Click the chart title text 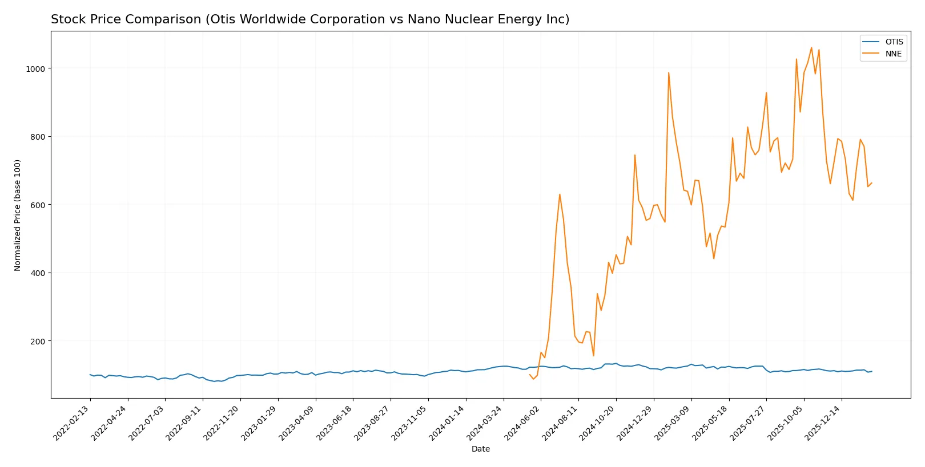pos(310,19)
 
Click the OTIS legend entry pos(894,42)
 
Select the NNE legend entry pos(893,54)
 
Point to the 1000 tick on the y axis pos(35,68)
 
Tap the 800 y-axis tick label pos(37,137)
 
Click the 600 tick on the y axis pos(37,205)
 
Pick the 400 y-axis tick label pos(37,273)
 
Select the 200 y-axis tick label pos(37,341)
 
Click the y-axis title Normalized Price pos(18,215)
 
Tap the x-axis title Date pos(480,449)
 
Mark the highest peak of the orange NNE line pos(811,47)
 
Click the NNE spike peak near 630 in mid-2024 pos(560,194)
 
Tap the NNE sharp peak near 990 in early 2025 pos(669,72)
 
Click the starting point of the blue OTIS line pos(90,375)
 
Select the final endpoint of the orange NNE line pos(871,183)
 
